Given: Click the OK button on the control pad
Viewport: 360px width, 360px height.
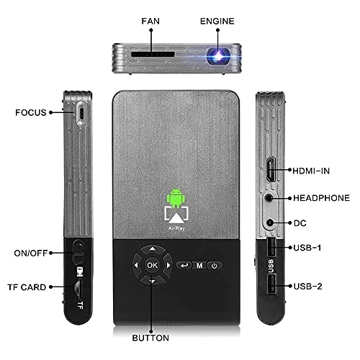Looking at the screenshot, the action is point(153,265).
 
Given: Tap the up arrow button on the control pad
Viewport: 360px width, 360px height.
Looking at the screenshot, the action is point(153,250).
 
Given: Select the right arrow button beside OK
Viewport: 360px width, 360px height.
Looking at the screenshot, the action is point(168,265).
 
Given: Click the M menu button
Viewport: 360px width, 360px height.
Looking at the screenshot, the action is point(199,266).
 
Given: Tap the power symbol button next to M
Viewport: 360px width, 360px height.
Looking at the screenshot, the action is point(215,266).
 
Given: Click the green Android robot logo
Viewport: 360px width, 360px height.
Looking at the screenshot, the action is point(176,198).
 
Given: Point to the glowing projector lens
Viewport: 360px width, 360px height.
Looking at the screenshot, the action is point(218,56).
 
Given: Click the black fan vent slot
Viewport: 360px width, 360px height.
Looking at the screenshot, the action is point(153,54).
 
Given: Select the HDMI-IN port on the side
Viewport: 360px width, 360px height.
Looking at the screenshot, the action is point(271,170).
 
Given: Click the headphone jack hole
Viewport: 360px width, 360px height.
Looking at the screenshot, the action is point(269,198).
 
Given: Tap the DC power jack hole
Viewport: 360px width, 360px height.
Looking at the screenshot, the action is point(270,222).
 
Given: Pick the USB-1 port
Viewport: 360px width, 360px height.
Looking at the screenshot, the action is point(271,247).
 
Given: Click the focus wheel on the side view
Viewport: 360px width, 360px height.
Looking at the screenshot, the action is point(82,113).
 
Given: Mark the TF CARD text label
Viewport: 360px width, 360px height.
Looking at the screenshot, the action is point(27,287).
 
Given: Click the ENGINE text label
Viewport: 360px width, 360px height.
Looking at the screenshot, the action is point(217,21).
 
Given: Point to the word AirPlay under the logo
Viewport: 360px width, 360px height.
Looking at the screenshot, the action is point(176,228).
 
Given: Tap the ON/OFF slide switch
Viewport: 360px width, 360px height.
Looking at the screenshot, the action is point(78,253).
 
